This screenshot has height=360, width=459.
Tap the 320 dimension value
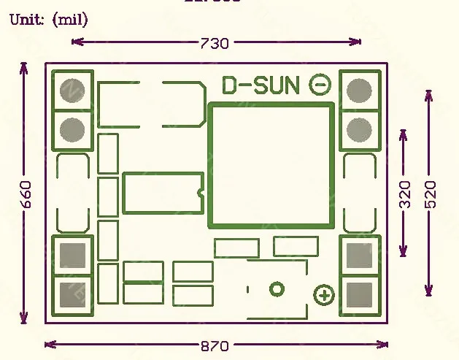[x=404, y=194]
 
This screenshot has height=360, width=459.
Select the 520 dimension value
[x=431, y=194]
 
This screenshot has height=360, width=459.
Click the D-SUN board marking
[x=261, y=85]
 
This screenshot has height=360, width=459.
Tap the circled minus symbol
[x=320, y=85]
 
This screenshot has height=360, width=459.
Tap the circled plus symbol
[x=323, y=296]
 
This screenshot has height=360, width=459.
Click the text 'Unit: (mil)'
[x=48, y=20]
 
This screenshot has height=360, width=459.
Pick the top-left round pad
[x=72, y=90]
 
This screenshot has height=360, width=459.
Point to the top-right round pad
[x=360, y=90]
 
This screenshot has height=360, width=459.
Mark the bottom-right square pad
[x=360, y=294]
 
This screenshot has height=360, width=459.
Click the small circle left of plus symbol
[x=277, y=290]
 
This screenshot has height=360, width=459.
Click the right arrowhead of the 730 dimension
[x=358, y=42]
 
